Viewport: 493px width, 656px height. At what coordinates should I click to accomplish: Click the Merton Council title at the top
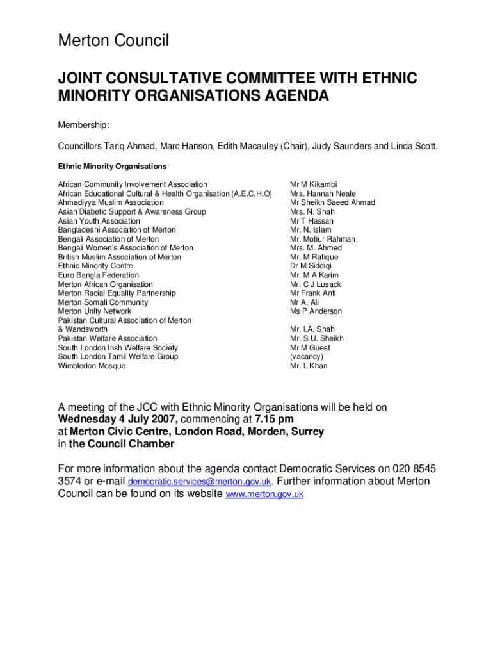[113, 41]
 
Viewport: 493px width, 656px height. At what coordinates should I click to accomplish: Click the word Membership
[84, 124]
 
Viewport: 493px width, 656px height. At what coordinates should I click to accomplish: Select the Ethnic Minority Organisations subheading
[112, 167]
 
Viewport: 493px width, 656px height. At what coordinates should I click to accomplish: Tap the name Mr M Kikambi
[313, 184]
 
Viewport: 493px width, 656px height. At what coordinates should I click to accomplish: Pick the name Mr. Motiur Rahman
[322, 239]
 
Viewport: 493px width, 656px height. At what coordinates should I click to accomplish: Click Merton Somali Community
[103, 302]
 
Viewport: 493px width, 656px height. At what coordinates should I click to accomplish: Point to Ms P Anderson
[316, 311]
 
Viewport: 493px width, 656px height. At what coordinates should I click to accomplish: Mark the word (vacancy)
[307, 357]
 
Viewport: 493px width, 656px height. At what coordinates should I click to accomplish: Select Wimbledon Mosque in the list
[92, 366]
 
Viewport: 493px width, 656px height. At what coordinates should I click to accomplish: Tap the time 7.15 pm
[274, 420]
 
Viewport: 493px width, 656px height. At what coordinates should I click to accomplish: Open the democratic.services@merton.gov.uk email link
[200, 482]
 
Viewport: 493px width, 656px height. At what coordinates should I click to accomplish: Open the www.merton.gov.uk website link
[265, 495]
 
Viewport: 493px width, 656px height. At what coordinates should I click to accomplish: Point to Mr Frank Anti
[312, 293]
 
